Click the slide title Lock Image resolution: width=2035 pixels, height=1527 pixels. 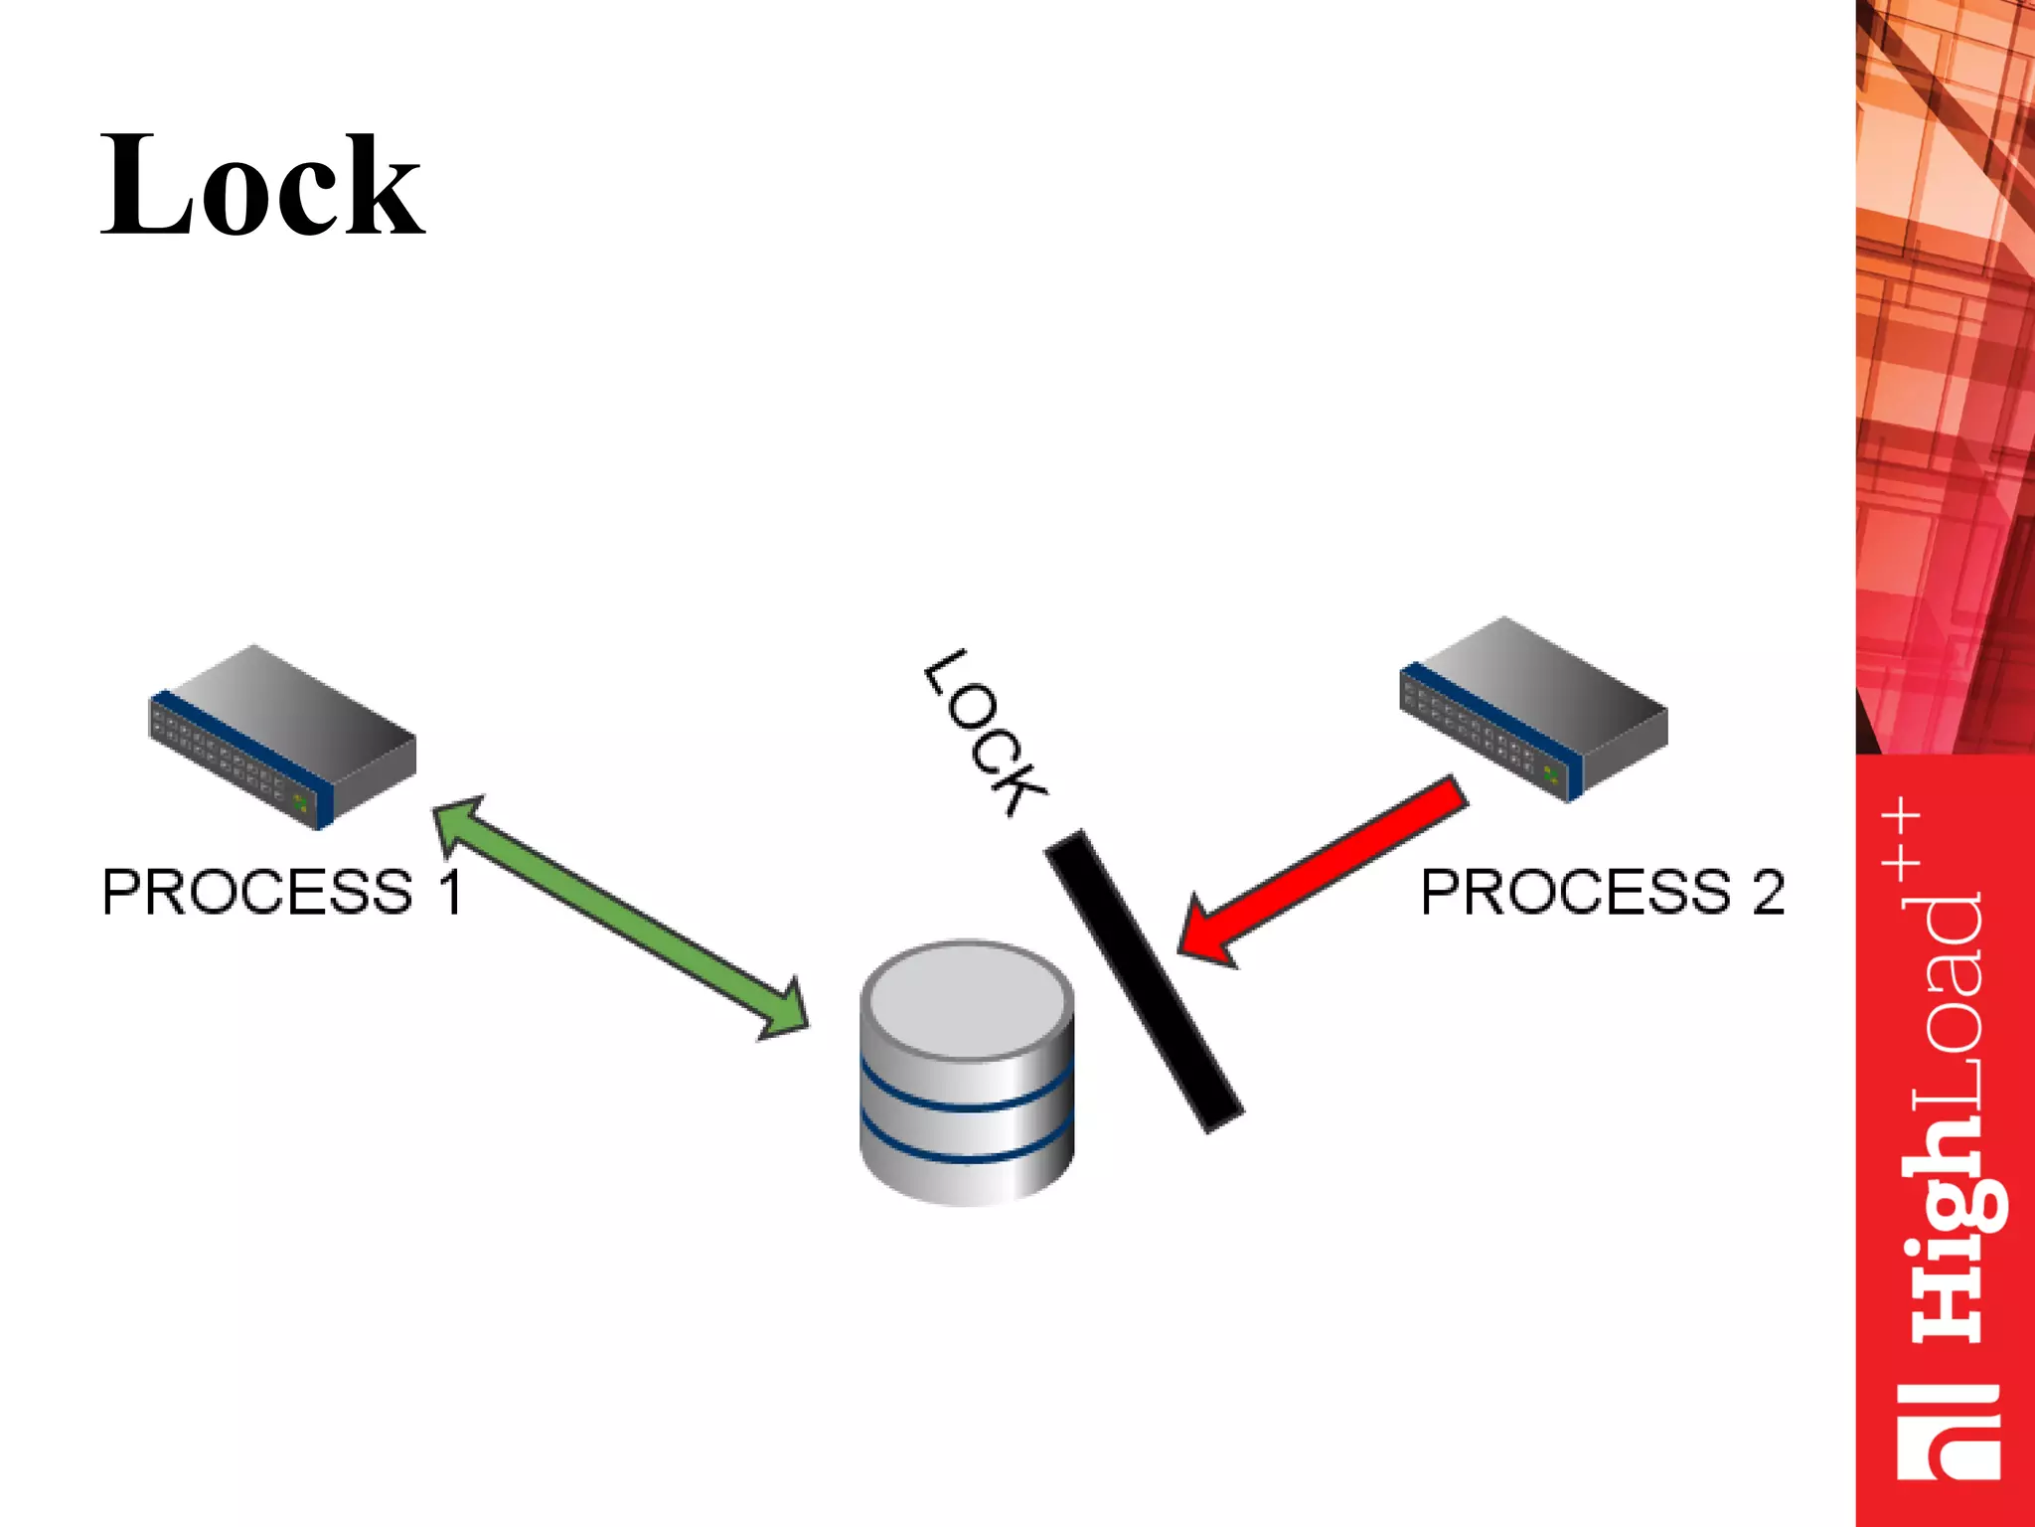point(262,187)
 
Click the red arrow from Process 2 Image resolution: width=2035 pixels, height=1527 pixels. point(1322,870)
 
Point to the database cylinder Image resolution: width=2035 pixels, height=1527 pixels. point(967,1074)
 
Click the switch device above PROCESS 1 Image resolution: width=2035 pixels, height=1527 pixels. point(283,736)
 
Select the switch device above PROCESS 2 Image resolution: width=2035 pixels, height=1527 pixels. point(1533,708)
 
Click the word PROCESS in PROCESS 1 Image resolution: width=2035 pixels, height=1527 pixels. point(257,892)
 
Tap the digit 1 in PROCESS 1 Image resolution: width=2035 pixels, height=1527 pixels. point(450,892)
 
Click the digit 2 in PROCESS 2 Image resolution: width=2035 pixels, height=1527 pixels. point(1768,892)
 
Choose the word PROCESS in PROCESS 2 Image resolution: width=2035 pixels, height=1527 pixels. point(1576,892)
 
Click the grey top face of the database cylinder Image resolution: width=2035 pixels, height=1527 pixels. point(967,999)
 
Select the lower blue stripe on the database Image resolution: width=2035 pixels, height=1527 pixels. point(967,1153)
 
